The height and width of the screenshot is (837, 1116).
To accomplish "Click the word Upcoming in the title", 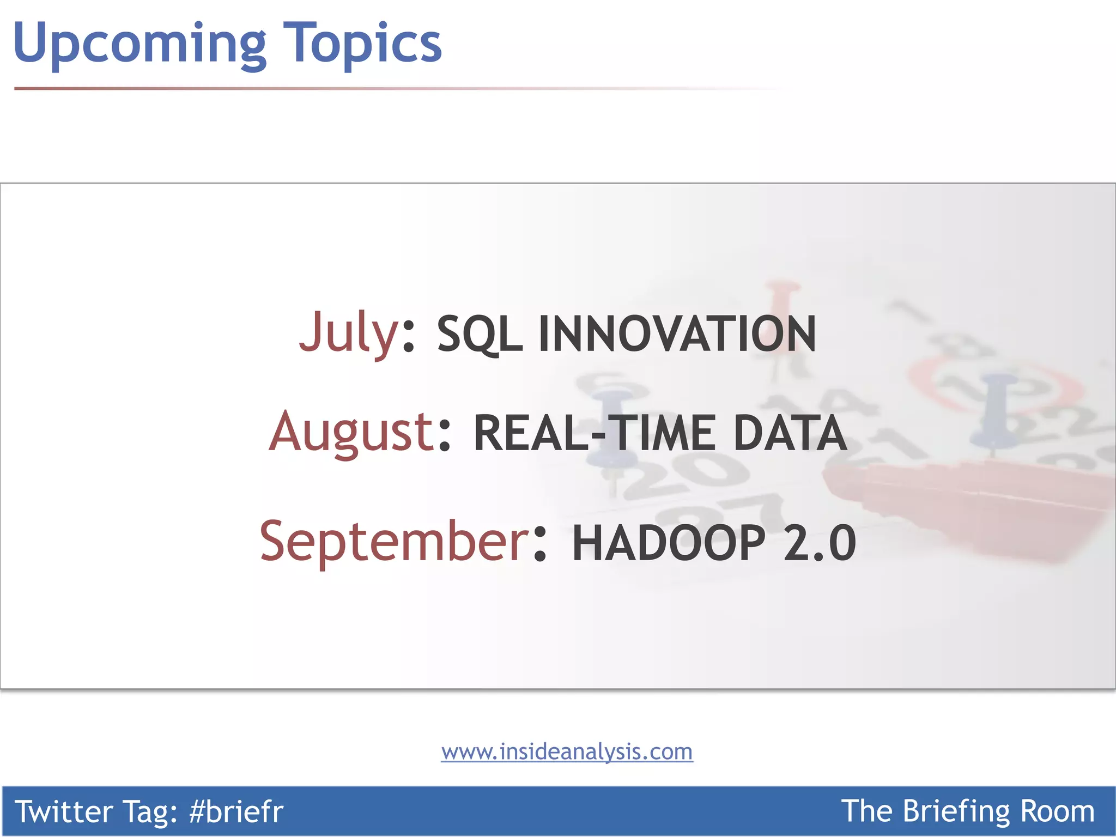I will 139,44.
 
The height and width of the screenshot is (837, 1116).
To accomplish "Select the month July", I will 349,332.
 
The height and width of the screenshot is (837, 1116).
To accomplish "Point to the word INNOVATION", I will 677,333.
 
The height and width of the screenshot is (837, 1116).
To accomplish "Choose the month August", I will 351,432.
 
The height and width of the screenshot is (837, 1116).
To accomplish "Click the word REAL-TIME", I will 594,433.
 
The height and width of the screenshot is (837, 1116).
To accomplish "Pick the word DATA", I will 790,433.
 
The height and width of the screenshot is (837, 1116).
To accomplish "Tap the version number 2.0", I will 819,543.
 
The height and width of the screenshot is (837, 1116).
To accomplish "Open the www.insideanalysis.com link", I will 567,751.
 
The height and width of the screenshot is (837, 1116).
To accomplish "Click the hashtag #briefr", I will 236,811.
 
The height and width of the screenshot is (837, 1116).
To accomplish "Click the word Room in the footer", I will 1057,811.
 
